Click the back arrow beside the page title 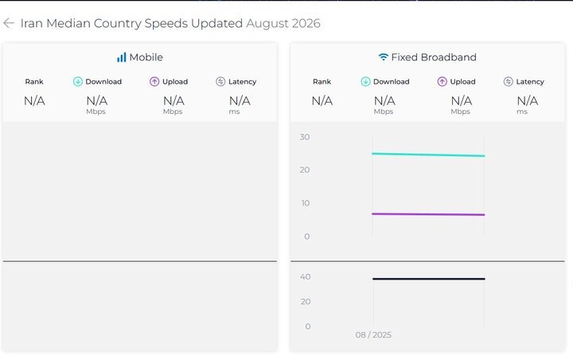[x=9, y=23]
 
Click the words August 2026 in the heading [x=283, y=23]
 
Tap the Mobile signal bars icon [x=121, y=57]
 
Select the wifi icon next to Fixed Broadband [x=383, y=57]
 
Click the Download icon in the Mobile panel [x=78, y=81]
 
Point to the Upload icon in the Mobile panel [x=154, y=81]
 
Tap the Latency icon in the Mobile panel [x=220, y=81]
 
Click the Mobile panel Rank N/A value [x=34, y=100]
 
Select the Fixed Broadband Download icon [x=365, y=81]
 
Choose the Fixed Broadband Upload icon [x=442, y=81]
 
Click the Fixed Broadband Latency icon [x=509, y=81]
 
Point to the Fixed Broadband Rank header [x=322, y=81]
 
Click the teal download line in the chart [x=428, y=155]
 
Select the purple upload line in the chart [x=428, y=214]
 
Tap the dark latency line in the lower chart [x=429, y=279]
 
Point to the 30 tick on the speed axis [x=305, y=137]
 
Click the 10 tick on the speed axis [x=306, y=203]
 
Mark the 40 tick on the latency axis [x=306, y=276]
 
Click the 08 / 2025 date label [x=373, y=335]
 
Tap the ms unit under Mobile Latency [x=234, y=112]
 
